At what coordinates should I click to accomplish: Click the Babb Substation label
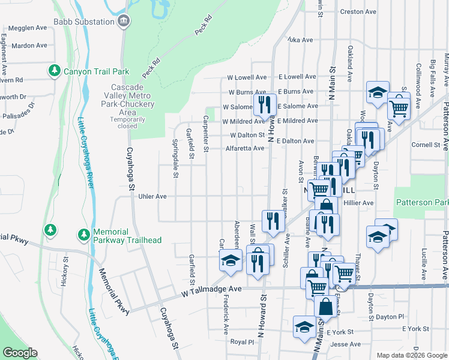83,22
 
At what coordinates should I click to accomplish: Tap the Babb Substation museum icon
124,22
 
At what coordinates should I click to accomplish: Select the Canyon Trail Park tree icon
55,71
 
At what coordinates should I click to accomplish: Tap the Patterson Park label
423,202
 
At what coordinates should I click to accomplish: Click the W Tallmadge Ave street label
211,289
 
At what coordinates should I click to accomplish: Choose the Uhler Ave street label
152,196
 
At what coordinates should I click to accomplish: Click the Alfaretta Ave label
244,148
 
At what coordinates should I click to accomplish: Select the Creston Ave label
358,11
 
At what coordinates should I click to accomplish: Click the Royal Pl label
243,341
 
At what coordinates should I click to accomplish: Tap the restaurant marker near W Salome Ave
264,105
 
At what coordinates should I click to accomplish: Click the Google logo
20,353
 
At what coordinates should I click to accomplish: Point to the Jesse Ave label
346,344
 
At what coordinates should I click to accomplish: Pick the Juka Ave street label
300,40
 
